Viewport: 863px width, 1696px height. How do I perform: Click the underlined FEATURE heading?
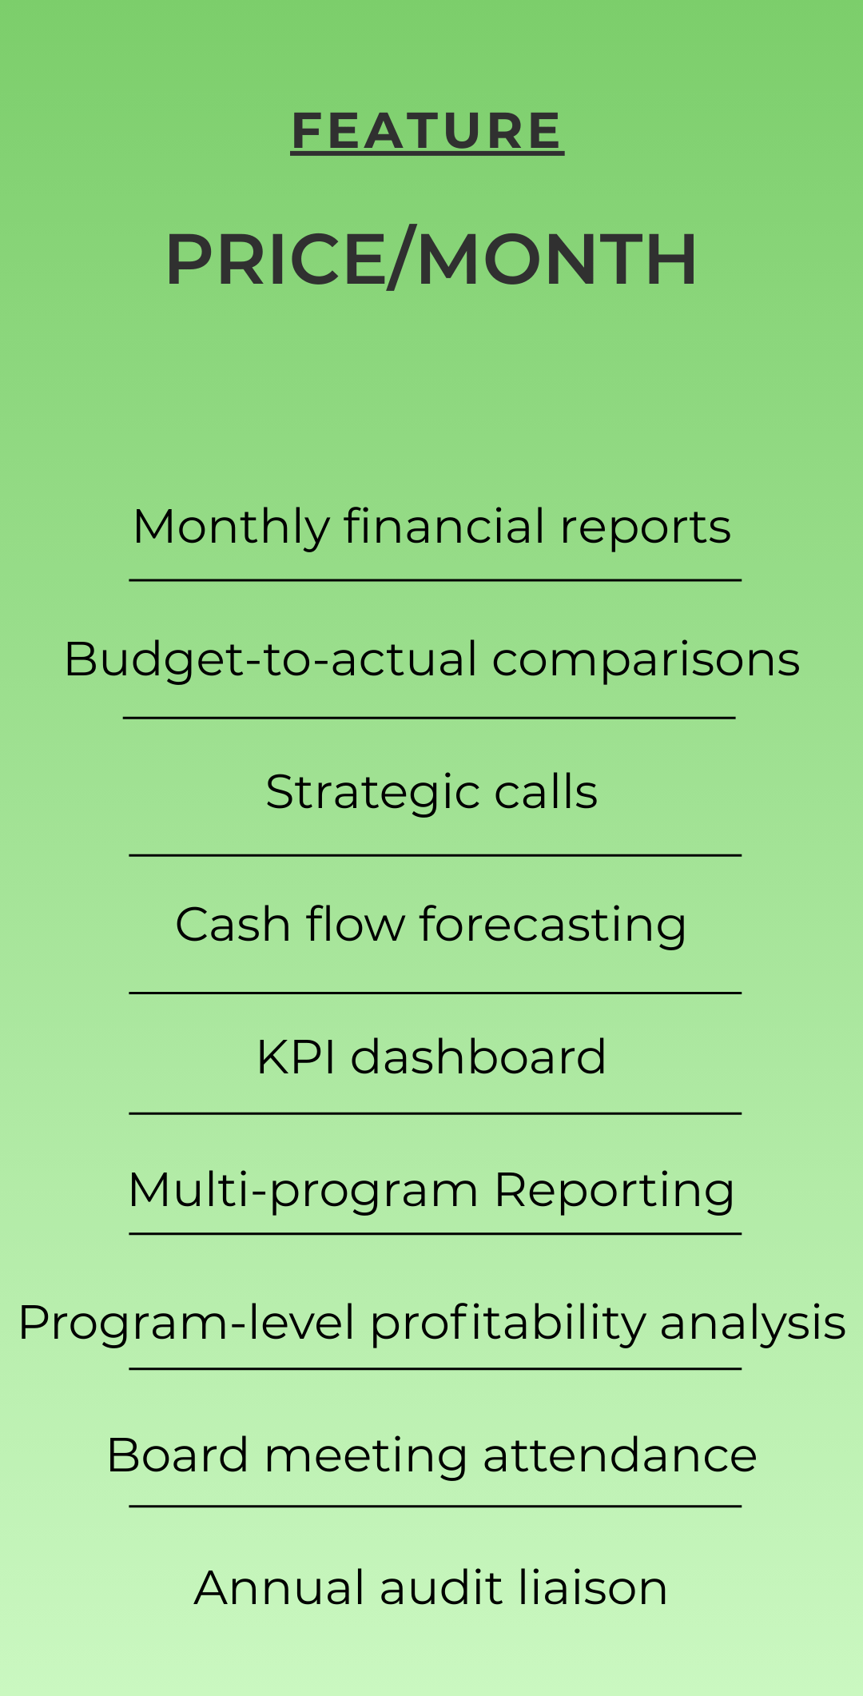click(428, 131)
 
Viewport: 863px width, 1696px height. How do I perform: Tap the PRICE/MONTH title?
click(431, 259)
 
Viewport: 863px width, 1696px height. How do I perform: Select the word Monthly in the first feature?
click(231, 528)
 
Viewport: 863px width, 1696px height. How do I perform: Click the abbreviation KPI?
click(296, 1057)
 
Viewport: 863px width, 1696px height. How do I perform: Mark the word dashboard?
click(479, 1057)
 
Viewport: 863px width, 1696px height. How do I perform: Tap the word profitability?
click(507, 1323)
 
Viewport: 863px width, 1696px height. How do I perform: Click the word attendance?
click(620, 1455)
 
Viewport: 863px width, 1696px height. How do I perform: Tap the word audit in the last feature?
click(442, 1588)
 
